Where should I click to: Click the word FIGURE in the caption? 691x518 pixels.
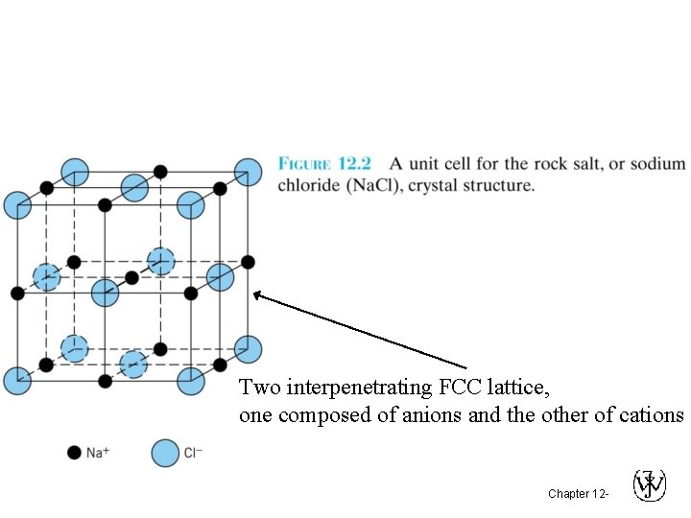(x=304, y=165)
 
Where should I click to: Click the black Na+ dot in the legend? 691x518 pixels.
(x=74, y=453)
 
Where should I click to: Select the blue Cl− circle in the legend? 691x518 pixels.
(x=166, y=453)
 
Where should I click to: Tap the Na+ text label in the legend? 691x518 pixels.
(x=98, y=453)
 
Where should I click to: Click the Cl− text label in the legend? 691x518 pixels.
(x=193, y=453)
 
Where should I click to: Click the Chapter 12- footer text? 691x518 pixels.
(x=577, y=494)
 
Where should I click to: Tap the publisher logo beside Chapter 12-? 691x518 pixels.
(x=650, y=486)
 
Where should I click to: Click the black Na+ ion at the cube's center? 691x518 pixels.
(x=131, y=277)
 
